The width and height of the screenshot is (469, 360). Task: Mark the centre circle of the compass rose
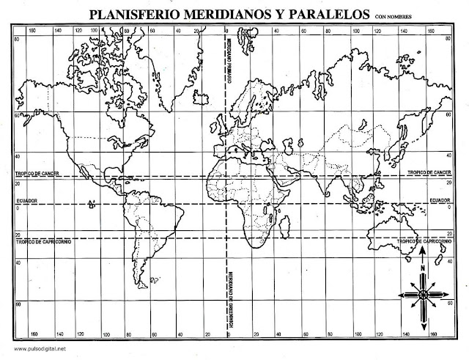pos(423,295)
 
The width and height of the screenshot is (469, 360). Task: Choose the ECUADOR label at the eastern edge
pos(439,199)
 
